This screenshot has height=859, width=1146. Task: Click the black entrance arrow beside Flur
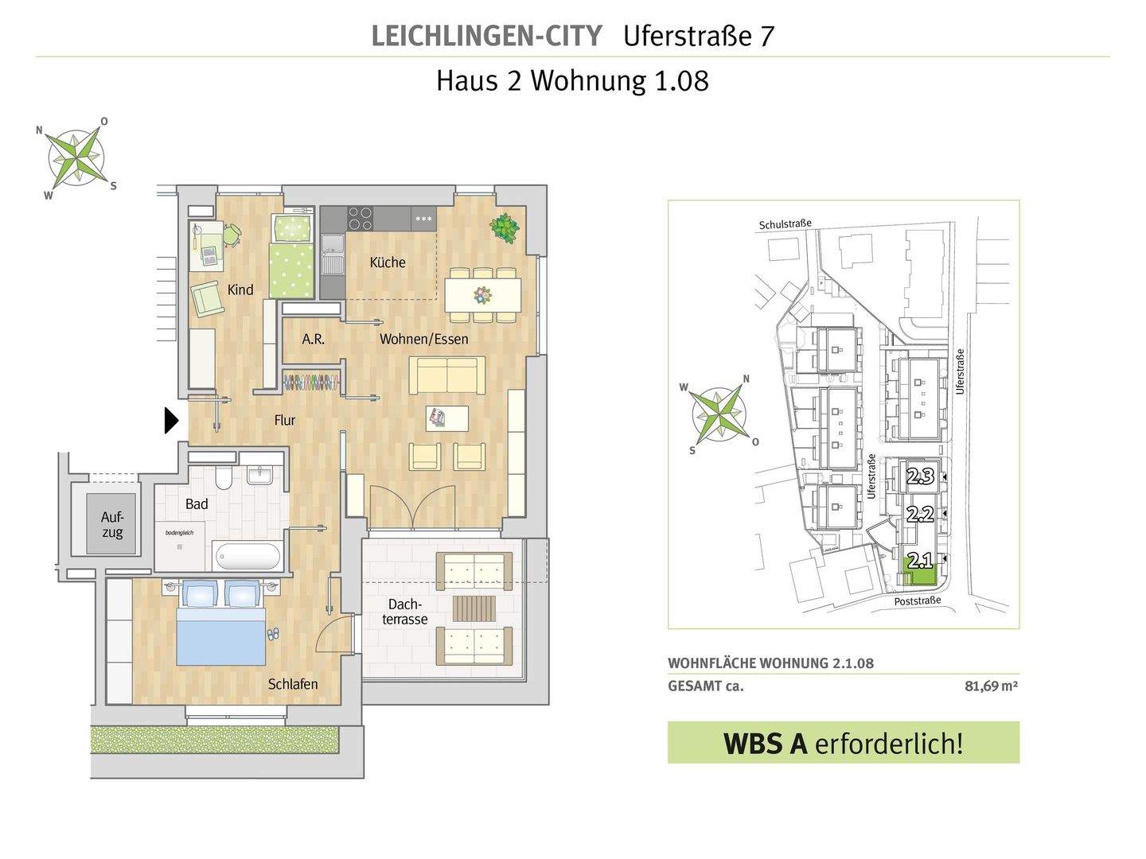tap(171, 421)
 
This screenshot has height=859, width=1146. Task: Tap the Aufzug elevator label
tap(112, 525)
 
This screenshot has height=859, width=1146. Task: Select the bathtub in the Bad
tap(248, 557)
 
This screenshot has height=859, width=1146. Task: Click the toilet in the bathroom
tap(224, 476)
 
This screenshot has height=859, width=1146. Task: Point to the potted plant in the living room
tap(505, 227)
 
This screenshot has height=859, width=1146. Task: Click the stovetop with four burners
tap(361, 218)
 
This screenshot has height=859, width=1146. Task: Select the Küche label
tap(388, 262)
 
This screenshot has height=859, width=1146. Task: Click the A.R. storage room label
tap(313, 340)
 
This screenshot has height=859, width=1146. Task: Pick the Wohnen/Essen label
tap(423, 339)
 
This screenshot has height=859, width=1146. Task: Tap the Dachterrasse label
tap(404, 612)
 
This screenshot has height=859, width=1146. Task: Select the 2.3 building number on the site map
tap(920, 476)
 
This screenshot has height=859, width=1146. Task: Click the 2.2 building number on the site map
tap(920, 515)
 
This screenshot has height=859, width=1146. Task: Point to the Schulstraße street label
tap(785, 223)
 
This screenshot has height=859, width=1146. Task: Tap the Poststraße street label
tap(918, 601)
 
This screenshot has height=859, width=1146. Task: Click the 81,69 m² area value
tap(991, 686)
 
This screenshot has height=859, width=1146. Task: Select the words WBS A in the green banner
tap(766, 744)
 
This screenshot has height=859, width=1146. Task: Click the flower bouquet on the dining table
tap(482, 295)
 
